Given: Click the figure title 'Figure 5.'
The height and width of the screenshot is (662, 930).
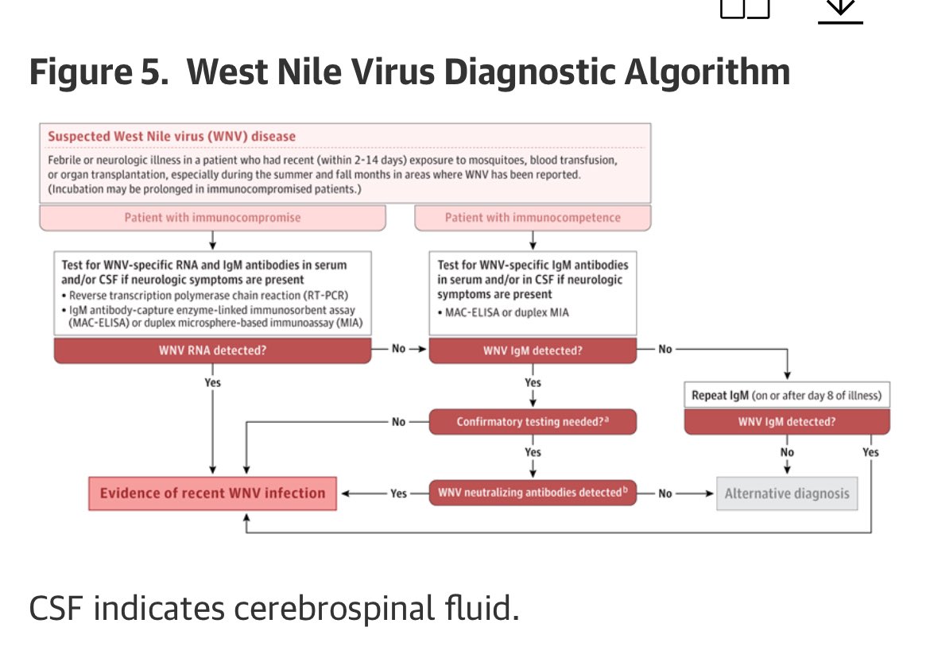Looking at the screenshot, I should coord(96,73).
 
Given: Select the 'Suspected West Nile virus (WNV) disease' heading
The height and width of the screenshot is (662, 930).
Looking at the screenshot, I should coord(171,136).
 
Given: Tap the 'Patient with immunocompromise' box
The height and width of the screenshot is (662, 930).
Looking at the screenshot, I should coord(213,217).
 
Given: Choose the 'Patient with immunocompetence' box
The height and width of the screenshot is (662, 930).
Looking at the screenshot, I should coord(533,217).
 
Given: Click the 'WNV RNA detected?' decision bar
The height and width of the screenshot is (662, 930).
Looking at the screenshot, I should coord(212,350).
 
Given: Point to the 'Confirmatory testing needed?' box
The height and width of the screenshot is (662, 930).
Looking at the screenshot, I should coord(533,422).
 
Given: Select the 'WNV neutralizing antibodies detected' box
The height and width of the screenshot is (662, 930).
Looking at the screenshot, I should coord(533,493).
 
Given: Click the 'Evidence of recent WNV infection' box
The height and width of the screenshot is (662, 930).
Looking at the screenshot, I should coord(212,493).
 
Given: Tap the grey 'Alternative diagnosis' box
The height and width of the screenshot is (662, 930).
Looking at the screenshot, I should coord(786,494).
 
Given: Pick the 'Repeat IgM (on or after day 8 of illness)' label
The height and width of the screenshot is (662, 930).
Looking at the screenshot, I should coord(786,395).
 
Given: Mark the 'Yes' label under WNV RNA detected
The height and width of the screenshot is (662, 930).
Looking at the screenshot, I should coord(212,382).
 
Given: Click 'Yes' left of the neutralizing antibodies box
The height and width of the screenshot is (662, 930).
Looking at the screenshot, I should coord(399,494).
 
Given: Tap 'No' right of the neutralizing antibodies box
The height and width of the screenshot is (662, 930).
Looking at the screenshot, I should coord(665,494).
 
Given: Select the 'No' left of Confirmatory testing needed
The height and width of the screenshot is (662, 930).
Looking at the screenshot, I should coord(399,422).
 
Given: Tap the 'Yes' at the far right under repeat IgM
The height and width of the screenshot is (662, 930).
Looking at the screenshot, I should coord(870,452).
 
